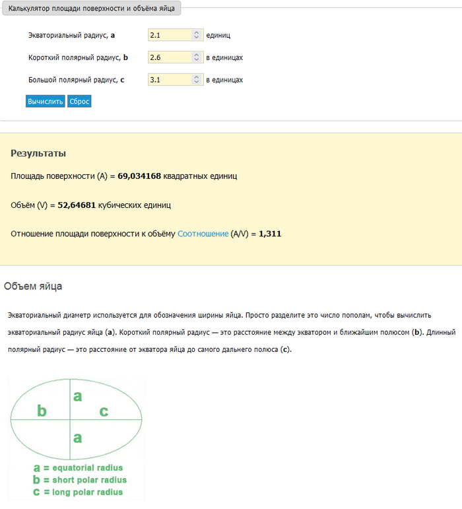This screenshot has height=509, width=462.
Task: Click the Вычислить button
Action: coord(46,102)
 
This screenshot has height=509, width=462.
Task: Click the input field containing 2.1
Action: coord(170,35)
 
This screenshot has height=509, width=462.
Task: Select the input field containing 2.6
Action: coord(170,57)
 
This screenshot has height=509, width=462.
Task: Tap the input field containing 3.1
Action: coord(170,80)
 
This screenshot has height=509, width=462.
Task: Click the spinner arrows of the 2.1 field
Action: coord(196,35)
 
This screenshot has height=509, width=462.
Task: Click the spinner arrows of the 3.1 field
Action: coord(196,80)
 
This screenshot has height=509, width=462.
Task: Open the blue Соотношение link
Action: coord(203,234)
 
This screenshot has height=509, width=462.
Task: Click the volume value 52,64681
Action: coord(77,205)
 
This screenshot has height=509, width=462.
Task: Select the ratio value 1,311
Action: coord(270,234)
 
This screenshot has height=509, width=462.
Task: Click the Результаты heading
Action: coord(38,153)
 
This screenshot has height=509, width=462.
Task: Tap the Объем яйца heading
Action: coord(33,287)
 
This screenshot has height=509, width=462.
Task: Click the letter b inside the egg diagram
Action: coord(42,411)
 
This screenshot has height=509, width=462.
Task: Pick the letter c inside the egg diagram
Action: coord(104,412)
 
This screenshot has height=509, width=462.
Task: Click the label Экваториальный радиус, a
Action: coord(72,35)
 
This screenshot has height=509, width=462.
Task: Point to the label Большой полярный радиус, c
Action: coord(77,80)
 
